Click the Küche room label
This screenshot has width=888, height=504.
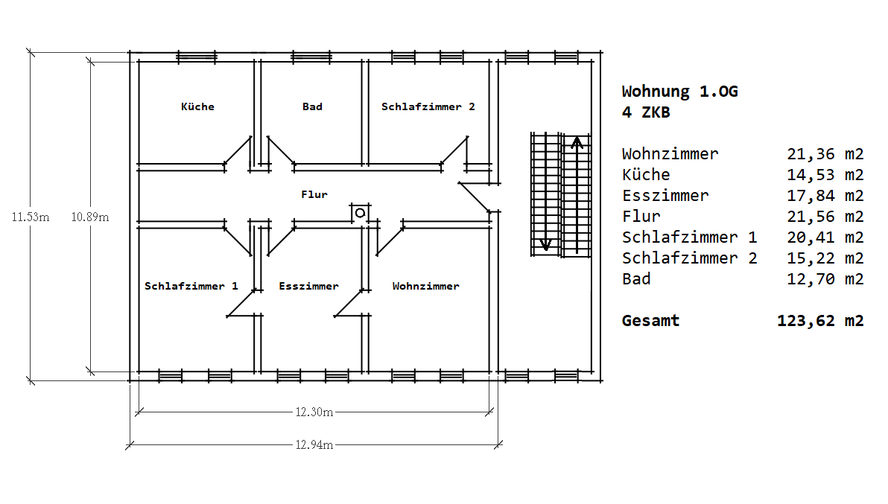[197, 106]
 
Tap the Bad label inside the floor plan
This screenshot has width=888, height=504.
[312, 106]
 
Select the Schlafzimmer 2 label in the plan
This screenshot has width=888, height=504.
[428, 106]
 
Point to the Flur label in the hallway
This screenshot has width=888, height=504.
[314, 194]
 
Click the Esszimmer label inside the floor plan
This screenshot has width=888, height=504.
[308, 286]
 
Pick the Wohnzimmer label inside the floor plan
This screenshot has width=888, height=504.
[426, 286]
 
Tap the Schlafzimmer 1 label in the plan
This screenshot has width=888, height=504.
[191, 286]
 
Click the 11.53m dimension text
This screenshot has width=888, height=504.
[31, 217]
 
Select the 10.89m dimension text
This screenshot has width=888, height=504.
[90, 217]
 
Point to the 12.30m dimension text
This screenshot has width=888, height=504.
[314, 412]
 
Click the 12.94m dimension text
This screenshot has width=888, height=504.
[314, 444]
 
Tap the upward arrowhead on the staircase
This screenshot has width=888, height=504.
[577, 142]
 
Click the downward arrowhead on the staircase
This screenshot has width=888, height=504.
[545, 244]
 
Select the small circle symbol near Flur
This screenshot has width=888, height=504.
[360, 213]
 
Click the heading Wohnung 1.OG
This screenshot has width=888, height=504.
[679, 92]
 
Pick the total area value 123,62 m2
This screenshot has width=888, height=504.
[821, 321]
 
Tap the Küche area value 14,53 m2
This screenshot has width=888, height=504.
[825, 175]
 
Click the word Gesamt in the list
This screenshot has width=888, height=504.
[650, 321]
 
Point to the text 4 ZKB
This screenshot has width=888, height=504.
[646, 112]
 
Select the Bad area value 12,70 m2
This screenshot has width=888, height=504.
[825, 279]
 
